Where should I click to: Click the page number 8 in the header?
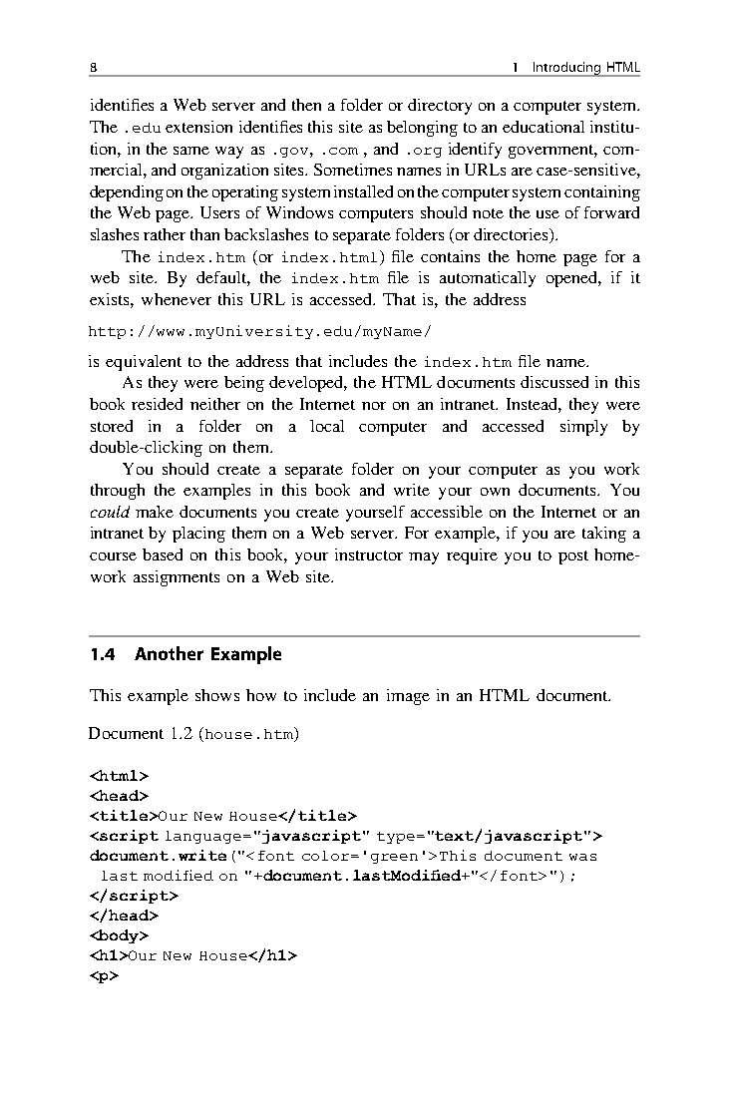tap(93, 68)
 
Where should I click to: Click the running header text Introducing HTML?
tap(585, 68)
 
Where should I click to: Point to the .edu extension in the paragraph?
tap(142, 128)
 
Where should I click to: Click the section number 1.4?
tap(104, 655)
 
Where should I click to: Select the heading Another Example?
tap(208, 655)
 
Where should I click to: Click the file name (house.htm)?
tap(248, 735)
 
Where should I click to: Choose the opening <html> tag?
tap(119, 775)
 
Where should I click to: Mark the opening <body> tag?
tap(119, 935)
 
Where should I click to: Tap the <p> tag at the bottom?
tap(104, 975)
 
